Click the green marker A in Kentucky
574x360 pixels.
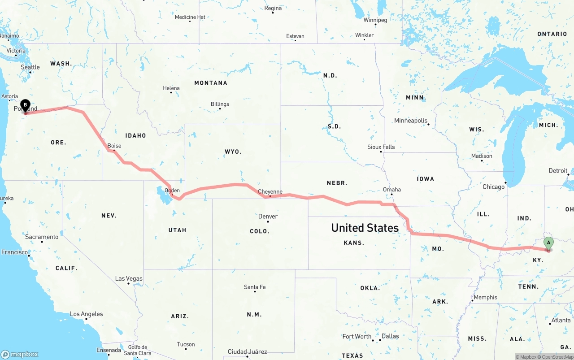pos(548,243)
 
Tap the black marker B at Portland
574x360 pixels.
pos(26,106)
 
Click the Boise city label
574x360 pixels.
pos(114,146)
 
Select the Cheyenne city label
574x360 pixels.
pos(270,191)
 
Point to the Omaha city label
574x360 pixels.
pos(391,189)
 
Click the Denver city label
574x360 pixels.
pos(268,216)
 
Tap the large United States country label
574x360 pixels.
pos(365,228)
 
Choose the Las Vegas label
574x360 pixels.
pos(129,278)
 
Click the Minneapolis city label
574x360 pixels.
pos(411,120)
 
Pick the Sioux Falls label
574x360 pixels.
pos(381,147)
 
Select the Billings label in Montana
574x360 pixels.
pos(220,104)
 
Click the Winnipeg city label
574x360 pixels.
pos(375,20)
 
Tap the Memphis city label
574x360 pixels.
pos(485,297)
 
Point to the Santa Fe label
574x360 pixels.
pos(255,287)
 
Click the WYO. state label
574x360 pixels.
pos(233,152)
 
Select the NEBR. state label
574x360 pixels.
pos(337,183)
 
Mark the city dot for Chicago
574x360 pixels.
pos(505,182)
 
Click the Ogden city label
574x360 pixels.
pos(172,191)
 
